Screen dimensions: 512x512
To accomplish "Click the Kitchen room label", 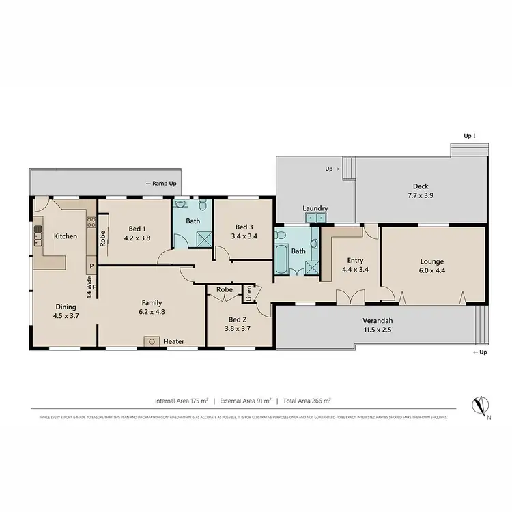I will click(66, 236).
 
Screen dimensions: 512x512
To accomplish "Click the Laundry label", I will click(315, 208).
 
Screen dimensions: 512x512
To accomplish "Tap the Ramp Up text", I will click(162, 184).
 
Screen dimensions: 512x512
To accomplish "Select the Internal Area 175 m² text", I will click(181, 401).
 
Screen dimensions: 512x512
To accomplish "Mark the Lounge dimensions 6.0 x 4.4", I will click(432, 271).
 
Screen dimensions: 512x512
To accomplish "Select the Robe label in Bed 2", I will click(224, 289).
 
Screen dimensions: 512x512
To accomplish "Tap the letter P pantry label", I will click(90, 266).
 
